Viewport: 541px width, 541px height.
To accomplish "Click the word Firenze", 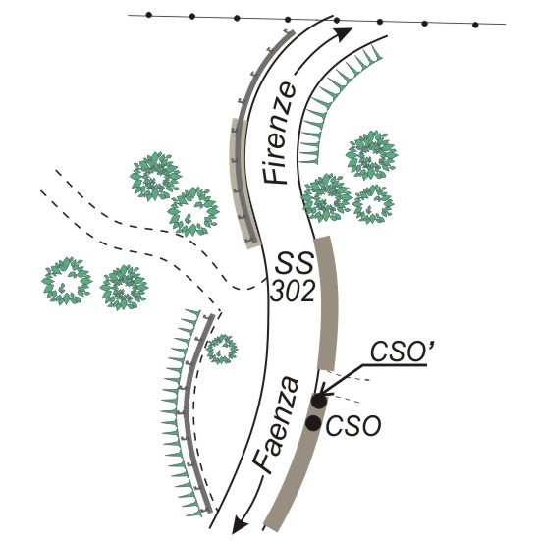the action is point(280,133).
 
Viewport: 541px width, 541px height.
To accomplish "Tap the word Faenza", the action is point(276,425).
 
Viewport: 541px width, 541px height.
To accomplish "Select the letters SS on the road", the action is point(294,263).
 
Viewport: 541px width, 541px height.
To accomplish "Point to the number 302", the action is point(293,292).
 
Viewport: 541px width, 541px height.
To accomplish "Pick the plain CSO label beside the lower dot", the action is point(353,426).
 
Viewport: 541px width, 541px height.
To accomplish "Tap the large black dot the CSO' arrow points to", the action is point(318,401).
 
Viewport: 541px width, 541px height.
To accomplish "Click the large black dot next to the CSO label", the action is point(313,423).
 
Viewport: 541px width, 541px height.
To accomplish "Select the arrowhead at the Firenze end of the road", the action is point(343,33).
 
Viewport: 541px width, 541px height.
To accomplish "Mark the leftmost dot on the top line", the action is point(148,15).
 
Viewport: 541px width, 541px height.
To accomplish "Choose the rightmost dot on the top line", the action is point(475,25).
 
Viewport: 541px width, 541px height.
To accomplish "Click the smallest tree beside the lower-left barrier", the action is point(222,350).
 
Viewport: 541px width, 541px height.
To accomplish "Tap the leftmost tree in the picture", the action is point(67,281).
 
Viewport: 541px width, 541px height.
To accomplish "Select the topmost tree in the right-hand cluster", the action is point(372,154).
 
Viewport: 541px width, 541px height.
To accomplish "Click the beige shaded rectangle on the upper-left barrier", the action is point(243,183).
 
